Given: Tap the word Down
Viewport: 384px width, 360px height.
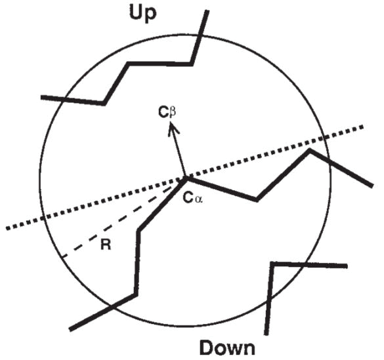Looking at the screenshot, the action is click(227, 348).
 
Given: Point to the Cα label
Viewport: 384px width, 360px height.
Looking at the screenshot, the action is click(193, 199).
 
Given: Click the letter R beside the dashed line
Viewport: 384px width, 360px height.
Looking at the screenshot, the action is click(106, 245).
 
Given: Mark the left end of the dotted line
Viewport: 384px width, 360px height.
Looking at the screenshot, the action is click(7, 228).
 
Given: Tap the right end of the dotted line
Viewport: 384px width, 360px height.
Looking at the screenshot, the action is click(362, 127).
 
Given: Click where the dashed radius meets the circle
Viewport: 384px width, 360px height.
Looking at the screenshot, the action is click(63, 256).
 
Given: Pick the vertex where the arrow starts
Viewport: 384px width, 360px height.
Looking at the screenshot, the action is click(186, 178).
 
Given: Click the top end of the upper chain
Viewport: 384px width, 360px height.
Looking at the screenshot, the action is click(207, 10).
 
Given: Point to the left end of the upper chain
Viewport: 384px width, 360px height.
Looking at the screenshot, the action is click(41, 97).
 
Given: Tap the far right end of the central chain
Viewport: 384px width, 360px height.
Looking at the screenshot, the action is click(372, 186).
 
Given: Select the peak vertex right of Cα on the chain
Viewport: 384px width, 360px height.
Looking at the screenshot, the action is click(310, 150).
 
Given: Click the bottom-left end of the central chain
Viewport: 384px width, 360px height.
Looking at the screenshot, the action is click(70, 329).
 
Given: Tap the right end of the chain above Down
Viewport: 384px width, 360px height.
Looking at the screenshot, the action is click(347, 266).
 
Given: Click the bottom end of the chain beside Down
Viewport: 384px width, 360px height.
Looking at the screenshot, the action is click(267, 334).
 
